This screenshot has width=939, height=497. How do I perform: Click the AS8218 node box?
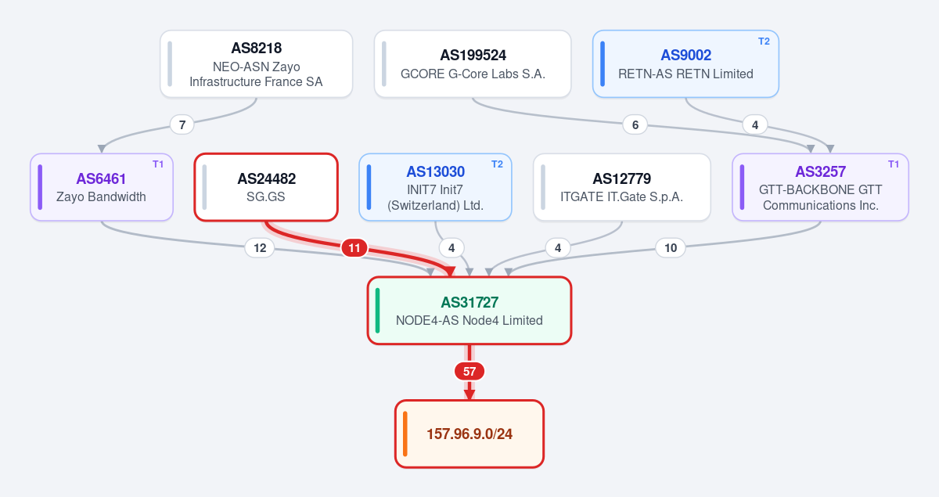(x=256, y=63)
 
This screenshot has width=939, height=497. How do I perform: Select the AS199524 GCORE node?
(x=473, y=63)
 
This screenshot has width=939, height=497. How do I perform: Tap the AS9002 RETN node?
(x=685, y=63)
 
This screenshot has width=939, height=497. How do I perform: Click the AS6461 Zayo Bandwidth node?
(x=102, y=187)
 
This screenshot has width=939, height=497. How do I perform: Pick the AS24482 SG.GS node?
(x=266, y=187)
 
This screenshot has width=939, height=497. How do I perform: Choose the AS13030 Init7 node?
(x=435, y=187)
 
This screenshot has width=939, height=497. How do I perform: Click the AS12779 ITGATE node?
(x=621, y=187)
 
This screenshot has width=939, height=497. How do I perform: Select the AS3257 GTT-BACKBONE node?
(x=820, y=187)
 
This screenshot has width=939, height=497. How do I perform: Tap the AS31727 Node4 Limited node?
(x=469, y=311)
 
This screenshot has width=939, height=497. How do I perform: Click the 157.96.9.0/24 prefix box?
(x=469, y=434)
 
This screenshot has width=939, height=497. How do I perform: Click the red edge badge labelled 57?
(x=469, y=371)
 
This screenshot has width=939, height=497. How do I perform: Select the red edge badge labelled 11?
(x=354, y=248)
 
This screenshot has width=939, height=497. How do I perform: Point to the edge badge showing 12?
(x=260, y=248)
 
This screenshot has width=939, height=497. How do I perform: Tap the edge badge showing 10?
(x=671, y=248)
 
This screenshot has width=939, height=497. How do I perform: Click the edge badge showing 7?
(x=182, y=125)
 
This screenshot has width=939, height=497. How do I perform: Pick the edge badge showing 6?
(x=635, y=125)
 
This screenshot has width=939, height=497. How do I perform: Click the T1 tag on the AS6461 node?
(x=158, y=164)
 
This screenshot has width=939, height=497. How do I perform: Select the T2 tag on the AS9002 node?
(x=764, y=41)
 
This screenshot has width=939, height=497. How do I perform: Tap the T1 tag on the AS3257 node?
(x=894, y=164)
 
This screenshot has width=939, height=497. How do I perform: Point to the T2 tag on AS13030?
(x=497, y=164)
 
